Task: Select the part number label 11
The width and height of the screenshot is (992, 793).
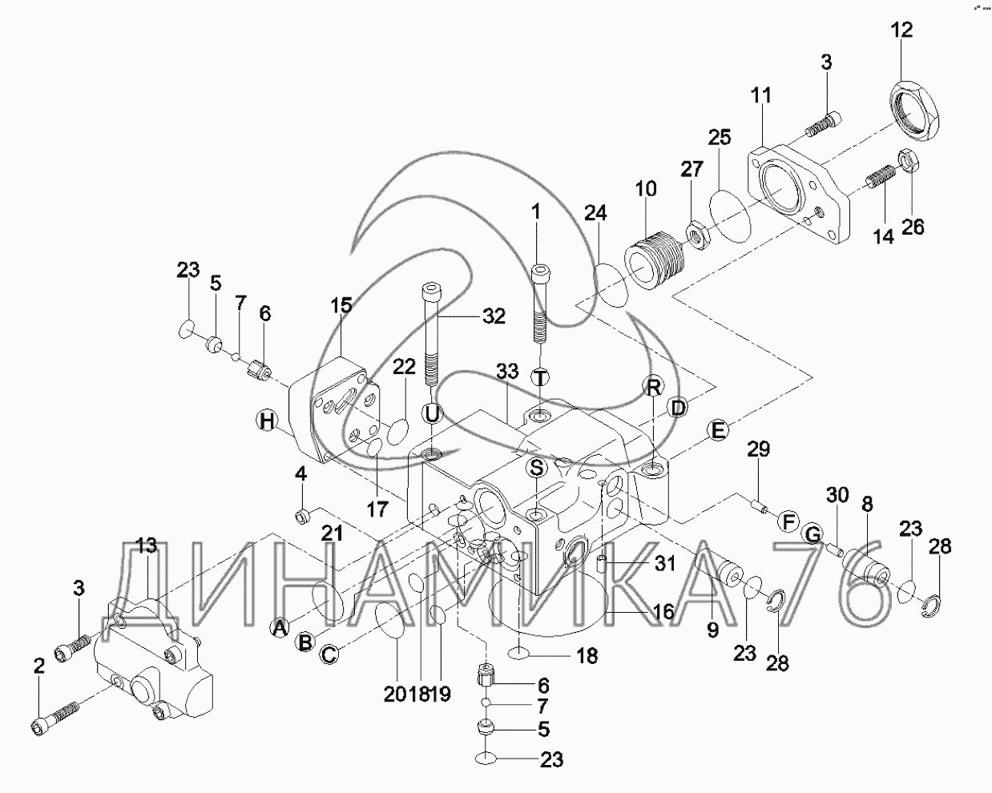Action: click(x=760, y=96)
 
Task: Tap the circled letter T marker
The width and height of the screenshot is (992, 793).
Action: click(x=541, y=377)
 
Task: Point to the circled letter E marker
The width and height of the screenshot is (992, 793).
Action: click(x=717, y=431)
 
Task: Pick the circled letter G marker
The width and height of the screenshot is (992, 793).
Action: click(x=813, y=533)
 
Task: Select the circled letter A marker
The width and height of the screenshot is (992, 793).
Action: click(x=279, y=628)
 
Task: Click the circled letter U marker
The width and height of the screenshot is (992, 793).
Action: click(x=433, y=413)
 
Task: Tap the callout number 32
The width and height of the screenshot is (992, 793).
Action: click(x=494, y=316)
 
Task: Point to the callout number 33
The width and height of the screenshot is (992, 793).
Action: click(x=507, y=372)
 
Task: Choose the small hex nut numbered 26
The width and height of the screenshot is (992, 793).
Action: click(x=911, y=162)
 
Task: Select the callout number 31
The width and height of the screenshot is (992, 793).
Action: click(x=665, y=564)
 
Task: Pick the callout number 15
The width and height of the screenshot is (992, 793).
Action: click(x=341, y=305)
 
